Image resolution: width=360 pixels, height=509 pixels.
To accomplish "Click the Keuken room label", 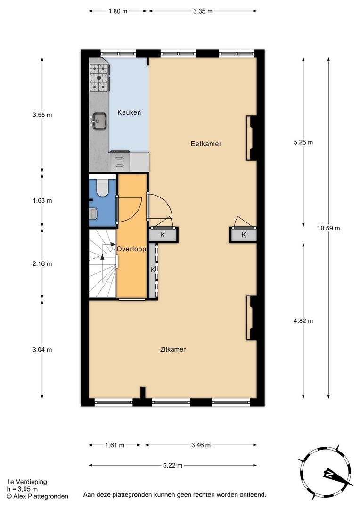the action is pos(129,113).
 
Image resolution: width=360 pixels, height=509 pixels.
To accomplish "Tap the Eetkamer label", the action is pos(206,144).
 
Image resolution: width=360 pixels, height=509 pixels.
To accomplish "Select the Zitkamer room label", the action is pos(172,350).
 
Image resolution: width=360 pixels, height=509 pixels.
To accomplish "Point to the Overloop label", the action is pos(131,249).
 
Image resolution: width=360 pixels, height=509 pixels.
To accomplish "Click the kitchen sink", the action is pos(99,121).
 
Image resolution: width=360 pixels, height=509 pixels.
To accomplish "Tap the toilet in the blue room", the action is pos(103,187).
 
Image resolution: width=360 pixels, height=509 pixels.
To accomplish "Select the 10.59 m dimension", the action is pos(328,228).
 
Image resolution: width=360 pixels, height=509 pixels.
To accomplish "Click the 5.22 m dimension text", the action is pos(172,466).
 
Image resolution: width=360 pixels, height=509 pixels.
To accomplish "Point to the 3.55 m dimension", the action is pos(42,115).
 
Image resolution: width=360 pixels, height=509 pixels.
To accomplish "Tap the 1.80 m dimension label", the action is pos(118,11).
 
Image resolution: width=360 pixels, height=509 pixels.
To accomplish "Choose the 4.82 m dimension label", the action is pos(303,321).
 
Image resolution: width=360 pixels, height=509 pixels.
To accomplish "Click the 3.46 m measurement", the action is pos(201,445).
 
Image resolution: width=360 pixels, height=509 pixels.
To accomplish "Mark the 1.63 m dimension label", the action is pos(42,201).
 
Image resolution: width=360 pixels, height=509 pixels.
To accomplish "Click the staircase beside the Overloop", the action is pos(103,263).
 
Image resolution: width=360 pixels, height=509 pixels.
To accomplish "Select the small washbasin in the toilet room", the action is pos(93,213).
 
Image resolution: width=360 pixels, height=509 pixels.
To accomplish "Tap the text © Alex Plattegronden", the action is pos(37,496).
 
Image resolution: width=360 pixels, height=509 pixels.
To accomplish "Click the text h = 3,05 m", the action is pos(22,489).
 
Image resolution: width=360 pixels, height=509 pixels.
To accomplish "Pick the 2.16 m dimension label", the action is pos(42,264).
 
